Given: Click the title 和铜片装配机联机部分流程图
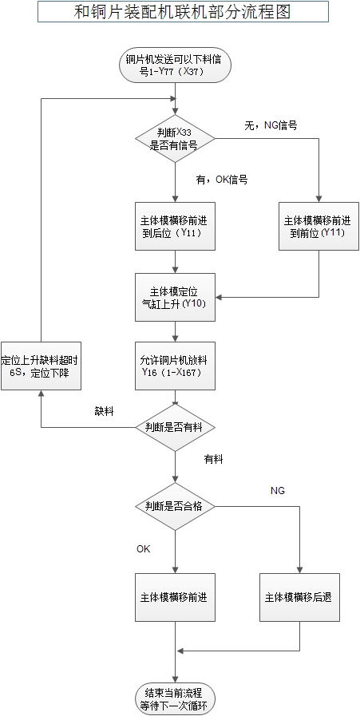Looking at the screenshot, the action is pyautogui.click(x=182, y=12).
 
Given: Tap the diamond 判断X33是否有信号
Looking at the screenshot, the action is pyautogui.click(x=175, y=139).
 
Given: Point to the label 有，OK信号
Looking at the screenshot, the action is pyautogui.click(x=222, y=180).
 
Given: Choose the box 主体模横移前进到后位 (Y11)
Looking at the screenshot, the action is pyautogui.click(x=176, y=226).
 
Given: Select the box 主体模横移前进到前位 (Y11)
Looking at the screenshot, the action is pyautogui.click(x=318, y=226).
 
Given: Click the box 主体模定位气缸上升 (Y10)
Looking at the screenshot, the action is pyautogui.click(x=176, y=297).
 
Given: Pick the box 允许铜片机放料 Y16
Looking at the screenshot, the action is pyautogui.click(x=176, y=366).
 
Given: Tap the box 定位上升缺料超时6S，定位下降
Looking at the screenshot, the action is pyautogui.click(x=41, y=366).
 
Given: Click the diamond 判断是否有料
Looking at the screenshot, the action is pyautogui.click(x=175, y=427).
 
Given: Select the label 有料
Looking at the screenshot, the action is pyautogui.click(x=213, y=459).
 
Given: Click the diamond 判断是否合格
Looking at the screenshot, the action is pyautogui.click(x=175, y=506).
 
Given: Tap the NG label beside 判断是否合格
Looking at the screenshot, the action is pyautogui.click(x=278, y=491).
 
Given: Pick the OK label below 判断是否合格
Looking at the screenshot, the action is pyautogui.click(x=144, y=548).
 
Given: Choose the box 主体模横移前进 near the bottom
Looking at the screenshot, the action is pyautogui.click(x=176, y=597).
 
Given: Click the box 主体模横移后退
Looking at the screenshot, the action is pyautogui.click(x=299, y=597).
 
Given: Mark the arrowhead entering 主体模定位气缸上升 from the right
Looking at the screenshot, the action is pyautogui.click(x=220, y=298).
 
